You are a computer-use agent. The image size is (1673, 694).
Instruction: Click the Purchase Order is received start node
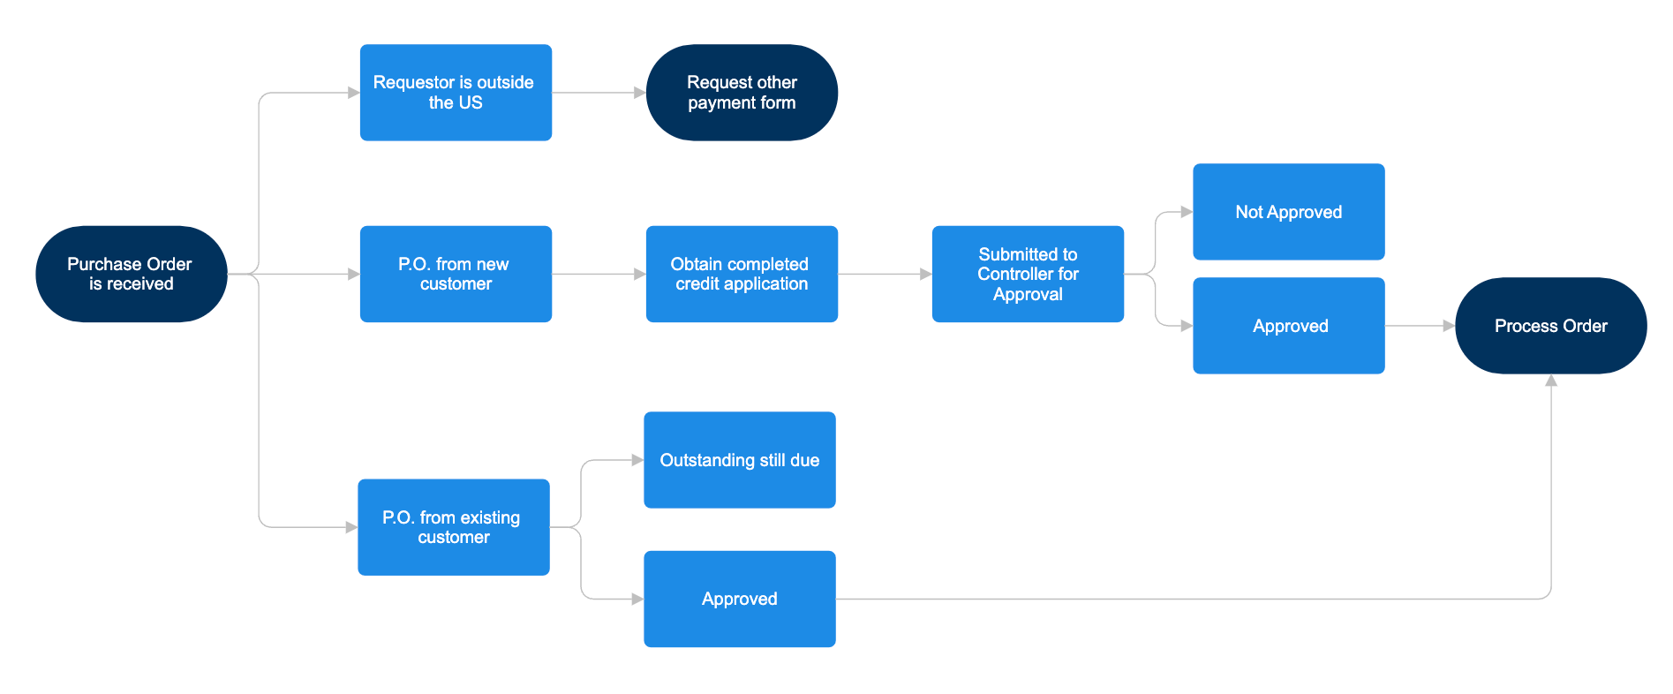[x=131, y=274]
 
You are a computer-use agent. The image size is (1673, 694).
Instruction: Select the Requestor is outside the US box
[x=456, y=93]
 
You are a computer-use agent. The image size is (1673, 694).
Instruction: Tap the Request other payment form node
[x=742, y=93]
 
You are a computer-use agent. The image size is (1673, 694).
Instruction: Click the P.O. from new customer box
[x=456, y=274]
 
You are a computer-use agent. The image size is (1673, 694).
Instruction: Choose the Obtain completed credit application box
[x=742, y=274]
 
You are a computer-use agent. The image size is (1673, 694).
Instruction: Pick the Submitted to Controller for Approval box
[x=1028, y=274]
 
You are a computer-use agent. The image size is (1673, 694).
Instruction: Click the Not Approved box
[x=1288, y=212]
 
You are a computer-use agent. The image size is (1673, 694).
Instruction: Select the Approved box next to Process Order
[x=1288, y=326]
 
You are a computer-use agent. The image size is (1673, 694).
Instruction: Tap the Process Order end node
[x=1550, y=326]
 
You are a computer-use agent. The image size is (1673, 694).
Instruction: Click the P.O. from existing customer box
[x=454, y=527]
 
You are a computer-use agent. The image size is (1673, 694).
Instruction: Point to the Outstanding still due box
[x=740, y=460]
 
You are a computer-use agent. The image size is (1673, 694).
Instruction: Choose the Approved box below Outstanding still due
[x=740, y=599]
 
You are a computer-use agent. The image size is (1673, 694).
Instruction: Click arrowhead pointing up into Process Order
[x=1551, y=381]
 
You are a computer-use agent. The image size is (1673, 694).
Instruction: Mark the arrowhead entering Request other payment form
[x=640, y=93]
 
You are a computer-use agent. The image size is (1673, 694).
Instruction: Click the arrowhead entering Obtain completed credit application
[x=640, y=275]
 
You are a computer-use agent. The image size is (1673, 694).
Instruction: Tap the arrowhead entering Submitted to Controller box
[x=926, y=275]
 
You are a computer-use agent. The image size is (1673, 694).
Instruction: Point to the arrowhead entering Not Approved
[x=1187, y=212]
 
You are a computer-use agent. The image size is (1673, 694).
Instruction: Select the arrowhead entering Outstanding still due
[x=637, y=460]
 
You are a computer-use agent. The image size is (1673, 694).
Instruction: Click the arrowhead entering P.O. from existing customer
[x=351, y=527]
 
